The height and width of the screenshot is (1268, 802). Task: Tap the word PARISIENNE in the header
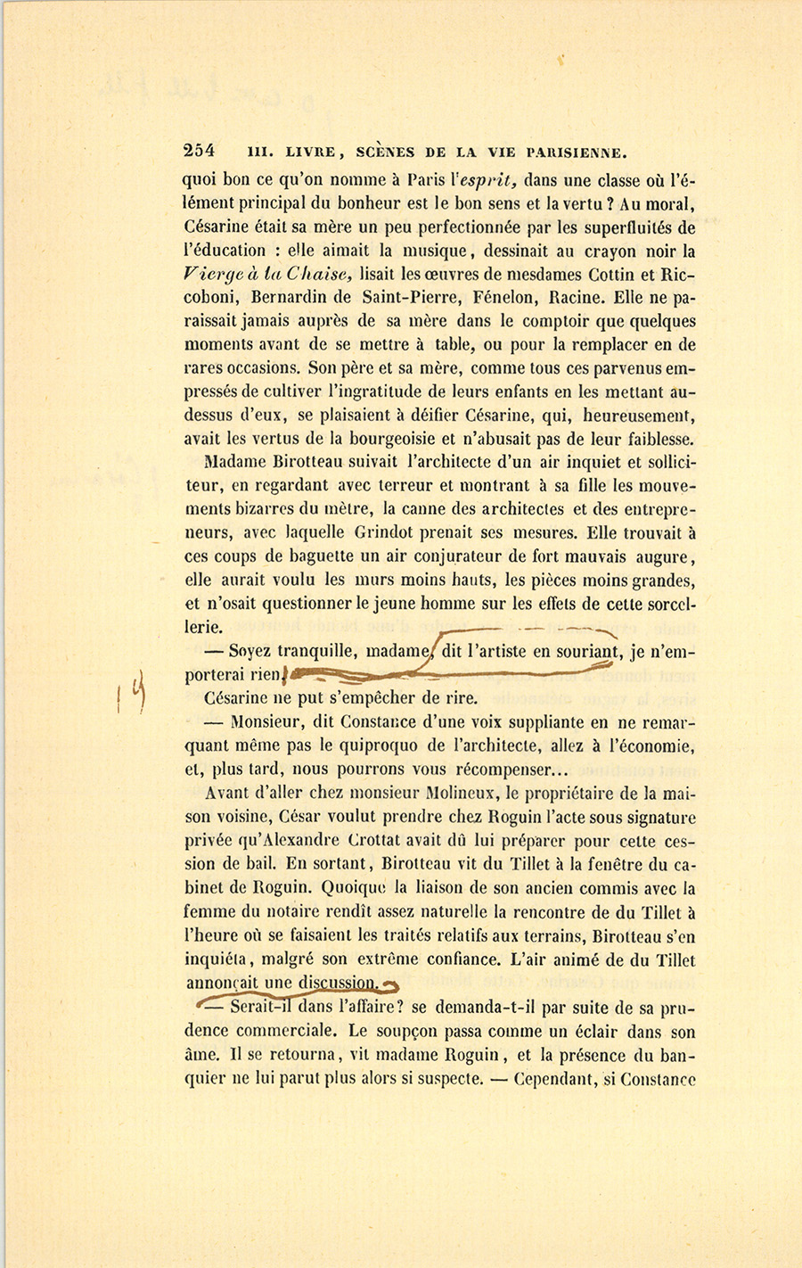click(579, 151)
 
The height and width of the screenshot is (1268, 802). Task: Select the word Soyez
click(250, 650)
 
